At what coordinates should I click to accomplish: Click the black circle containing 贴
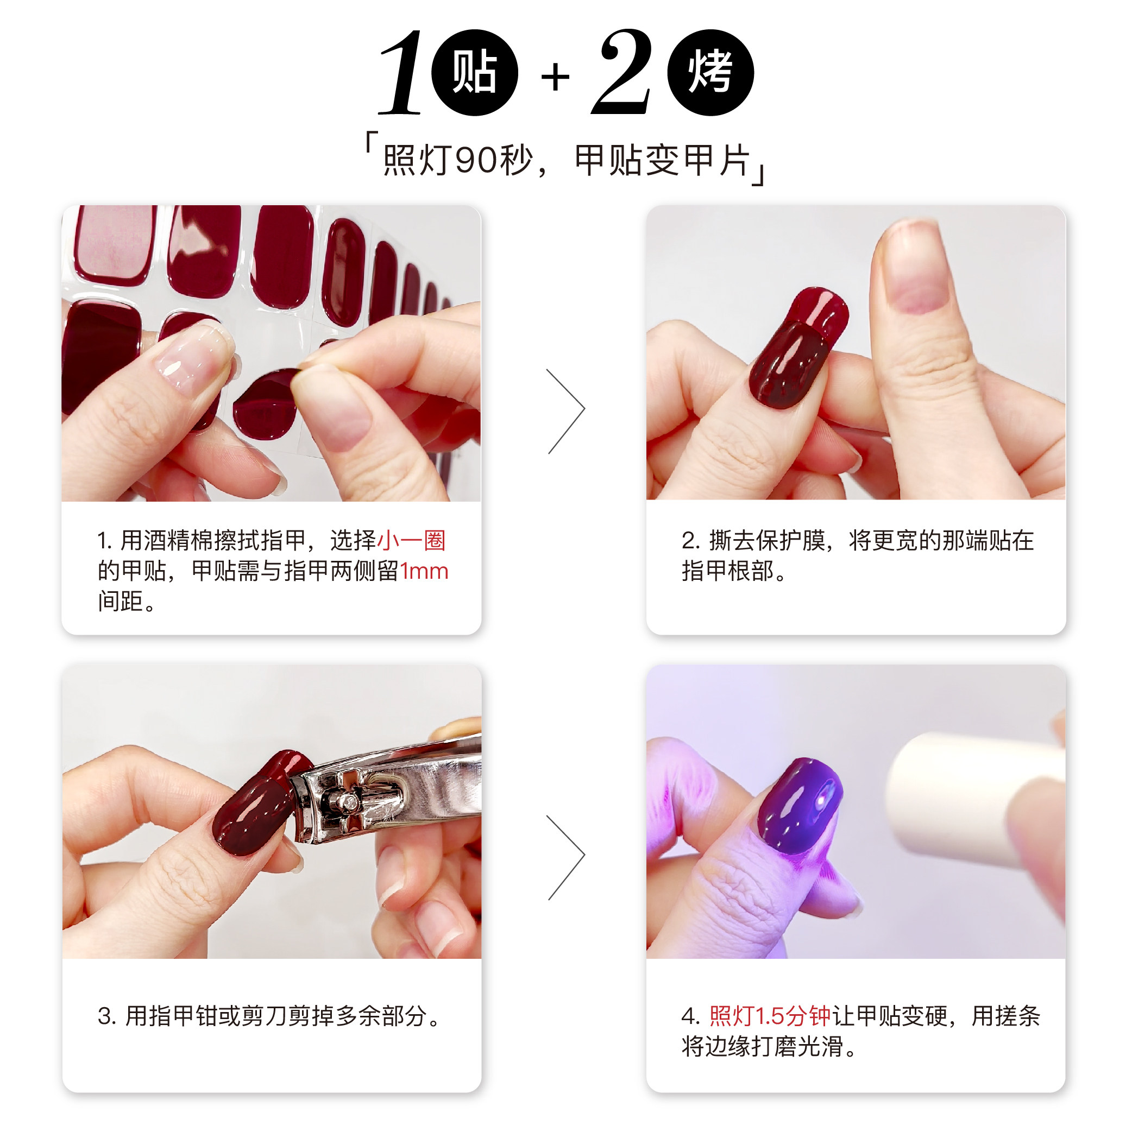[474, 73]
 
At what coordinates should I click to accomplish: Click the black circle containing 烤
[710, 73]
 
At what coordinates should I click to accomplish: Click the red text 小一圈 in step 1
[412, 540]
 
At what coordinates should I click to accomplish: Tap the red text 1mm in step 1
[424, 571]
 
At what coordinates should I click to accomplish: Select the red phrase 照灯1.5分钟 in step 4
[770, 1016]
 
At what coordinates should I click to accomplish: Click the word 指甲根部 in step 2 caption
[727, 571]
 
